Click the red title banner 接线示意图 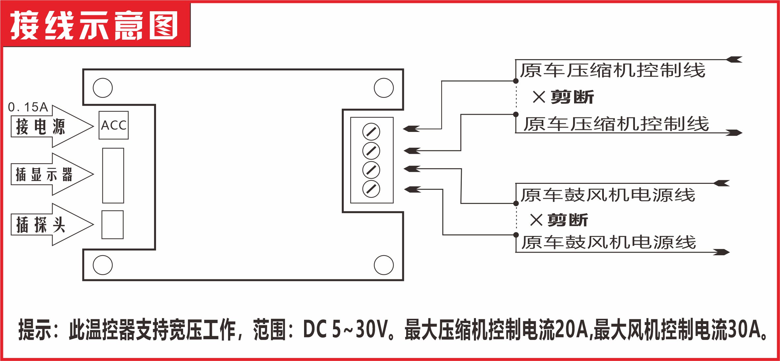(95, 25)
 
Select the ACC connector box (113, 125)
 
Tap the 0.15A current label (28, 107)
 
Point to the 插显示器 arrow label (44, 174)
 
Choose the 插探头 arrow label (41, 225)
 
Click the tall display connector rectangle (113, 176)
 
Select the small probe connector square (112, 225)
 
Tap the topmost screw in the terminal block (371, 132)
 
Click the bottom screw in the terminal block (371, 189)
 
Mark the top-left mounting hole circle (103, 88)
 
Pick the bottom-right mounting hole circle (384, 265)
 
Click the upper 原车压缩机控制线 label (612, 70)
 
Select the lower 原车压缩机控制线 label (616, 124)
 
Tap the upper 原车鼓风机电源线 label (608, 195)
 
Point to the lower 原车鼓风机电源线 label (608, 242)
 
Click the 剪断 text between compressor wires (572, 97)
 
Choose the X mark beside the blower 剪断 (536, 220)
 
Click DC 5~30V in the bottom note (345, 329)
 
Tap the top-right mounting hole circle (384, 88)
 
